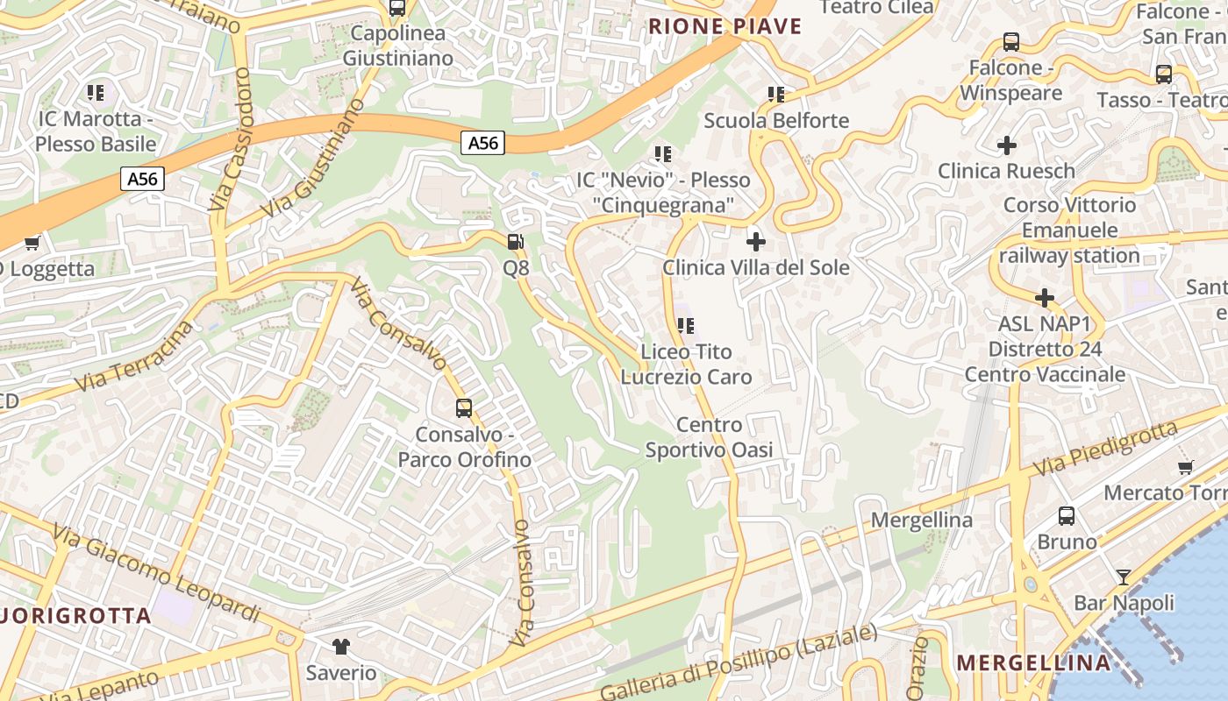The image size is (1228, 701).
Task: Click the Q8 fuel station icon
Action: click(x=517, y=242)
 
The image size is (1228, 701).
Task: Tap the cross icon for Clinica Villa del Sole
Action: click(x=755, y=241)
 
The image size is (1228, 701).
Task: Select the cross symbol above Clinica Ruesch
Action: click(x=1007, y=145)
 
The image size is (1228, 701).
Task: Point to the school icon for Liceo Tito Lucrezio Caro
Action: click(x=686, y=326)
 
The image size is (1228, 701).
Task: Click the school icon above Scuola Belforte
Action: click(x=775, y=94)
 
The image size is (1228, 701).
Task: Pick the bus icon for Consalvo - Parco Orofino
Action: click(x=463, y=408)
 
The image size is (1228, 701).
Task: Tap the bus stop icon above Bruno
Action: click(x=1067, y=516)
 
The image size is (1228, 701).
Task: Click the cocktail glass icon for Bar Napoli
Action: click(x=1123, y=577)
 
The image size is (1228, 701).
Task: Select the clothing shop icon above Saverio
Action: click(x=341, y=647)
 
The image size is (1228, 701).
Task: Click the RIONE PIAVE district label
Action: click(x=725, y=26)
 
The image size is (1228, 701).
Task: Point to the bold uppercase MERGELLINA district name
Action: click(x=1033, y=662)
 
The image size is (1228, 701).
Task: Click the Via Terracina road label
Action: click(x=134, y=359)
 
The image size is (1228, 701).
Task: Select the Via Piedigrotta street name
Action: click(x=1105, y=449)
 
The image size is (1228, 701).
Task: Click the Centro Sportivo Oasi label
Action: click(x=709, y=437)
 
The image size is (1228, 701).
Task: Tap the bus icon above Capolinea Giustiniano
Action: click(x=397, y=8)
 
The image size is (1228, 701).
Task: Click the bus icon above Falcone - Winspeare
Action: click(x=1010, y=42)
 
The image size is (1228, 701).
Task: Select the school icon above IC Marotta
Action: click(x=96, y=92)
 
